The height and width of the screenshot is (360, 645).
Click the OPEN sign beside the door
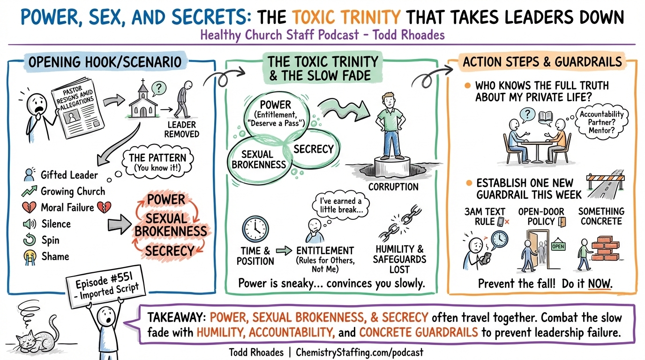[x=558, y=245]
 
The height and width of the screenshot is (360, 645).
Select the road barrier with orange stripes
[x=602, y=182]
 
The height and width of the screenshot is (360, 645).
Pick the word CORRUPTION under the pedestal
[x=393, y=187]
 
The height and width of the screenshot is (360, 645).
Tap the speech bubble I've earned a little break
[x=340, y=205]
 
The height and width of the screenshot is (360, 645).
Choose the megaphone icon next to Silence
[x=30, y=224]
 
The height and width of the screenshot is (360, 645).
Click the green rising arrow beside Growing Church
[x=29, y=191]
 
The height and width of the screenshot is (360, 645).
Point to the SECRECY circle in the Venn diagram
[x=313, y=149]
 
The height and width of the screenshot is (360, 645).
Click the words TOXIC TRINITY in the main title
[x=347, y=17]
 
